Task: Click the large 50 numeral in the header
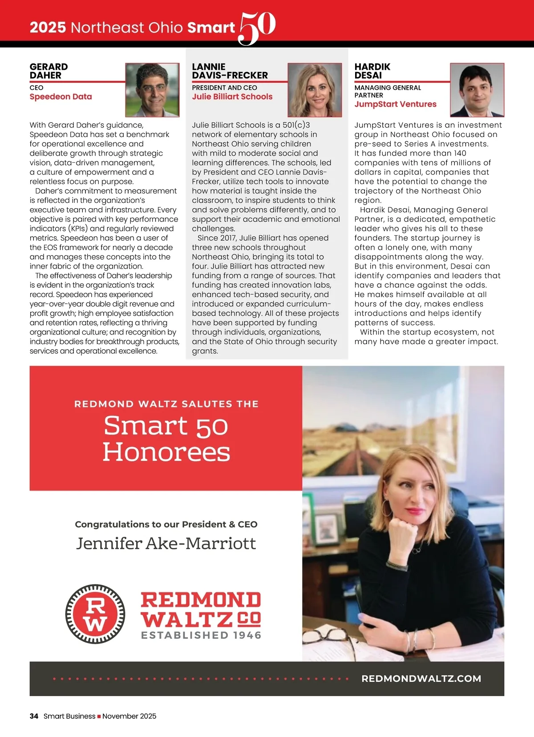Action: click(x=257, y=28)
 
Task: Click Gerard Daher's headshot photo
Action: click(x=152, y=90)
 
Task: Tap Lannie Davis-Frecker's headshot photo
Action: click(x=315, y=90)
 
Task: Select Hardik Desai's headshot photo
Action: click(x=477, y=90)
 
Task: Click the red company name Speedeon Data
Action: click(x=61, y=97)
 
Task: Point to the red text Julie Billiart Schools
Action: click(x=232, y=97)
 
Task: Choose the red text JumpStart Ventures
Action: click(x=395, y=104)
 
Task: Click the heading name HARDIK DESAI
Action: click(x=372, y=71)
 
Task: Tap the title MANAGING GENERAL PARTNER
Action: click(x=387, y=91)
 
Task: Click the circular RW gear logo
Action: click(x=95, y=614)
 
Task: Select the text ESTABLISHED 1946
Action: click(x=201, y=635)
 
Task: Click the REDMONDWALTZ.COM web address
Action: click(x=421, y=679)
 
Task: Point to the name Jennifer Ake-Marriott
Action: click(x=166, y=543)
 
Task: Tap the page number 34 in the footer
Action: click(x=34, y=716)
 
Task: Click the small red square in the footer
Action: click(x=99, y=717)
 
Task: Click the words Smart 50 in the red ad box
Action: click(x=166, y=426)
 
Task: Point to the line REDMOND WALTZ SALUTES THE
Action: click(x=166, y=404)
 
